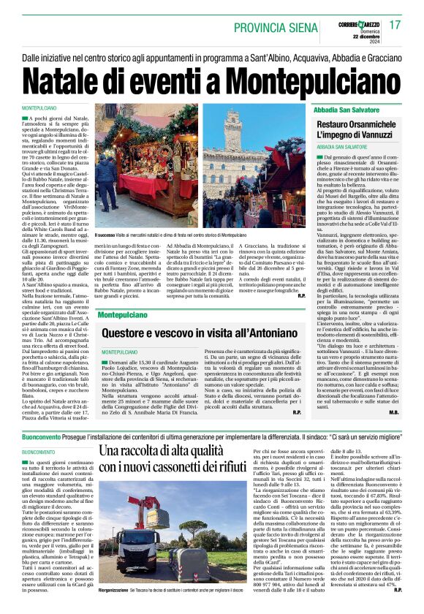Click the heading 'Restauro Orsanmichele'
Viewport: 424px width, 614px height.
(357, 125)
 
